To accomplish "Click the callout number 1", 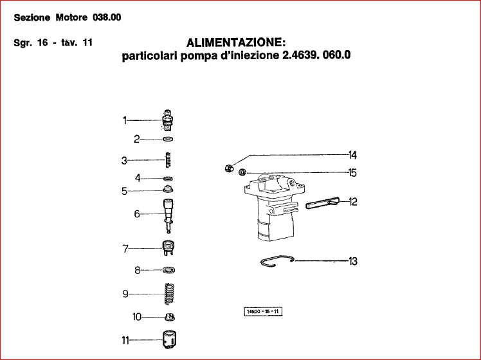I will (126, 120).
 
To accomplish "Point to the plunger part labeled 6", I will (169, 212).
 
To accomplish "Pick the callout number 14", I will (352, 155).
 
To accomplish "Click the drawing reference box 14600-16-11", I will (264, 312).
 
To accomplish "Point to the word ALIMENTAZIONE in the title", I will (235, 43).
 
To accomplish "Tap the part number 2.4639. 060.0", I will (316, 56).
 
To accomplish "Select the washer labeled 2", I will (168, 139).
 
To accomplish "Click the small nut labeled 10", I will (170, 316).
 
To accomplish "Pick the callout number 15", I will (352, 172).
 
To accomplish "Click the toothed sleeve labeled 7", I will (169, 246).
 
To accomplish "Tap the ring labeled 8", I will (169, 270).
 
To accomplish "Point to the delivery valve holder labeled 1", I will (169, 120).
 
